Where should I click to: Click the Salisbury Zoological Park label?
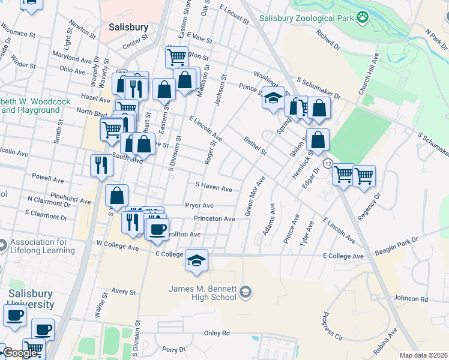tap(306, 18)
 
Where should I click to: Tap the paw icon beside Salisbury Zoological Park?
tap(362, 17)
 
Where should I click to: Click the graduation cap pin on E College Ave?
tap(196, 260)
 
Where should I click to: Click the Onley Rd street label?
tap(217, 333)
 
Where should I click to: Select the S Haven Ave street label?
tap(214, 188)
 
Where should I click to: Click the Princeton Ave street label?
tap(214, 219)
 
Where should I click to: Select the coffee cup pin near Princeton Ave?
tap(158, 229)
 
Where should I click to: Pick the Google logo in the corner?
tap(20, 353)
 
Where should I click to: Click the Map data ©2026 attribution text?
tap(423, 355)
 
